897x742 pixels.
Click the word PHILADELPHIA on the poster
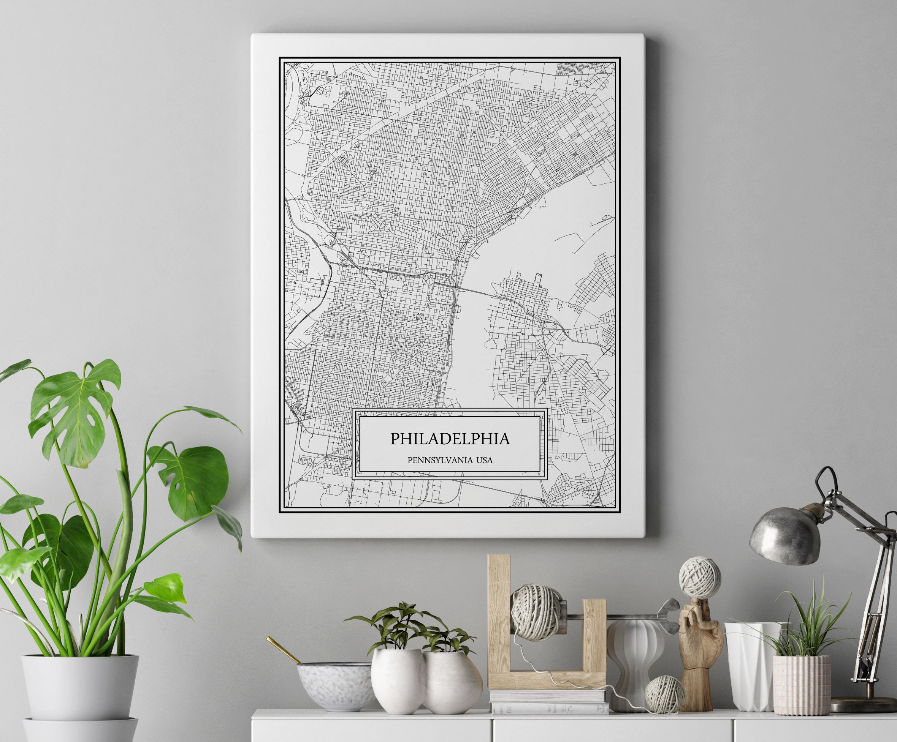(x=450, y=439)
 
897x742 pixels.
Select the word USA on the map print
(x=484, y=460)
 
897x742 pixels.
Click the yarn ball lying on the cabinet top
(x=664, y=695)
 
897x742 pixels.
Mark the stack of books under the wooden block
(x=549, y=702)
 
